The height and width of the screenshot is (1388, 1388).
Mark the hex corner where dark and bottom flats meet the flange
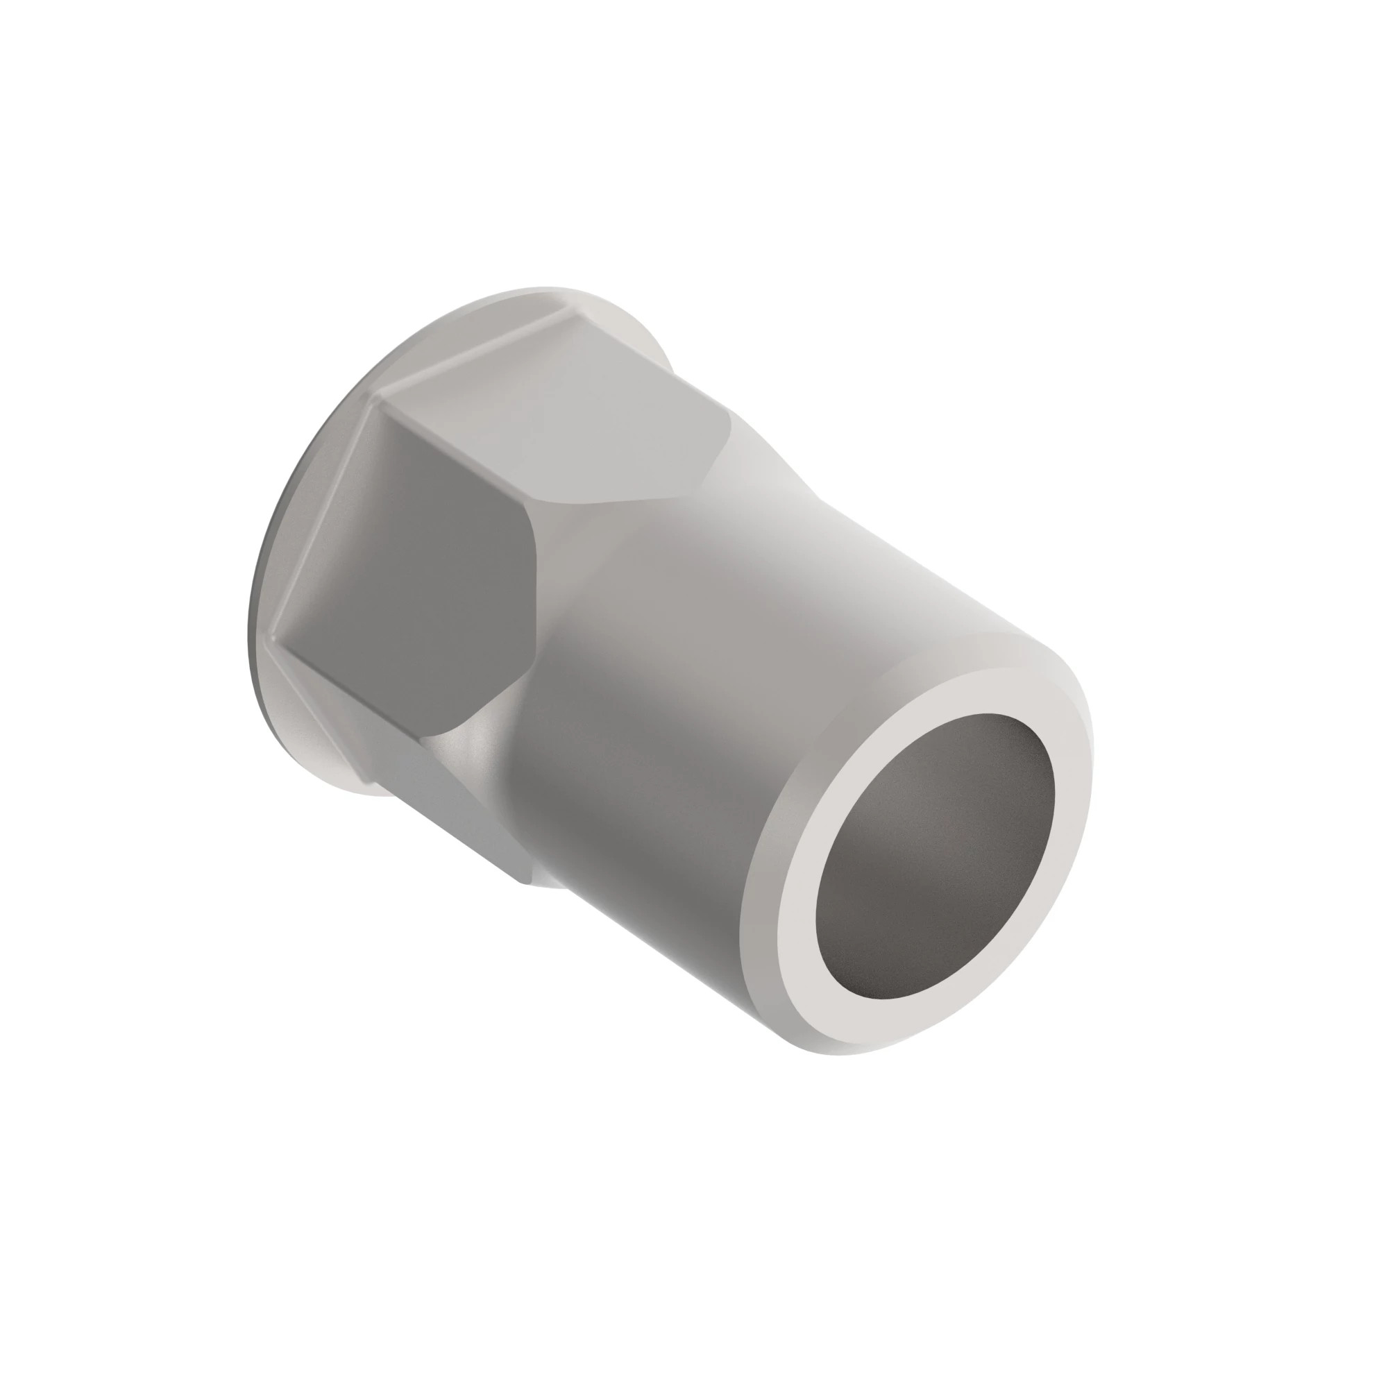point(277,643)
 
